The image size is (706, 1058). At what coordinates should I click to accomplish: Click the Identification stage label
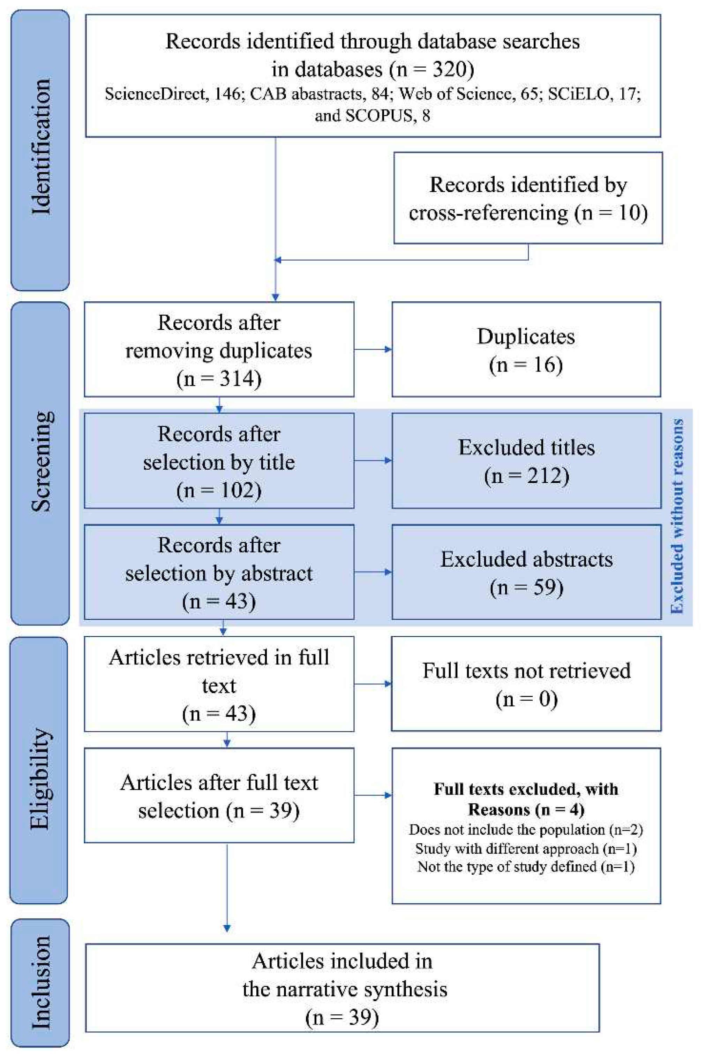41,147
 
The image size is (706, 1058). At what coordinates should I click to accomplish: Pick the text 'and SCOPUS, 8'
373,116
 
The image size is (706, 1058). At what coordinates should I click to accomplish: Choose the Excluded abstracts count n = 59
526,587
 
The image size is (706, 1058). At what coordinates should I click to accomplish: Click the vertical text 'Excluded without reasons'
677,516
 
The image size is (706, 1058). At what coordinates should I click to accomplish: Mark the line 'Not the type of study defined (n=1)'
526,867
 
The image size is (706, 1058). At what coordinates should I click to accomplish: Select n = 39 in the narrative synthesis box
342,1018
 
